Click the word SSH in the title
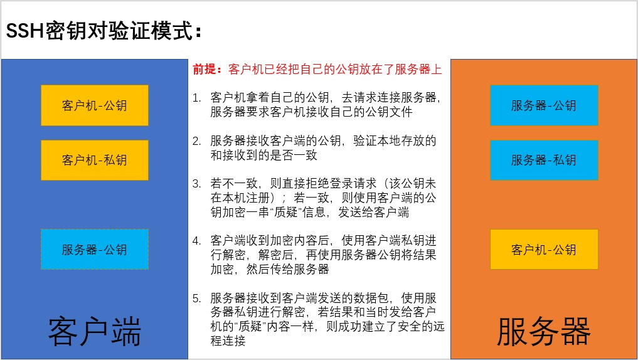pos(24,31)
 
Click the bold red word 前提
pos(205,69)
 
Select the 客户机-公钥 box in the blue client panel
pos(95,105)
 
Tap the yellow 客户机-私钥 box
pos(95,160)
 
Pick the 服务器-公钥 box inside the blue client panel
pos(95,249)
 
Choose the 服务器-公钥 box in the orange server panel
pos(544,105)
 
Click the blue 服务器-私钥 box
pos(544,160)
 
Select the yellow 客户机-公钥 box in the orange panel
pos(544,249)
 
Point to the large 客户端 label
pos(94,331)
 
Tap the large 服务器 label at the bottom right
pos(544,331)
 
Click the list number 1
pos(196,98)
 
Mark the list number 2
pos(196,140)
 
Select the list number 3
pos(196,184)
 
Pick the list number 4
pos(196,241)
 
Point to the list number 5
pos(196,298)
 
